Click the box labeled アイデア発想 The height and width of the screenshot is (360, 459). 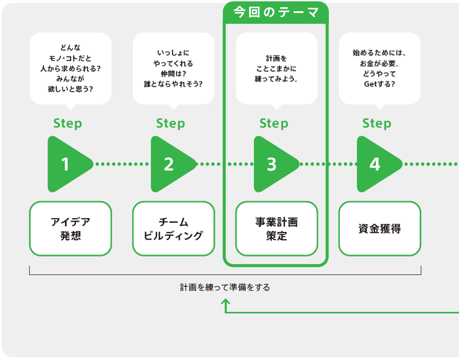70,229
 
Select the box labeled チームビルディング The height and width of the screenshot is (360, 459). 173,229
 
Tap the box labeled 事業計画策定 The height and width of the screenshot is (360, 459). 276,229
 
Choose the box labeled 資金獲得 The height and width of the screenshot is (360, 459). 380,229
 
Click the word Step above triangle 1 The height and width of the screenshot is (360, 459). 68,124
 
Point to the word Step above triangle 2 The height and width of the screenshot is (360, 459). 171,124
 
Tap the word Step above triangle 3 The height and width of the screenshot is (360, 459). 274,124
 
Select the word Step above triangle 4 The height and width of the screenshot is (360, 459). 377,124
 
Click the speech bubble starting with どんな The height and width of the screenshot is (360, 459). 70,68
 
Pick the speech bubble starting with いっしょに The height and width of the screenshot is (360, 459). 173,68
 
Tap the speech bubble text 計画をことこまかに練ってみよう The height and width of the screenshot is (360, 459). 276,69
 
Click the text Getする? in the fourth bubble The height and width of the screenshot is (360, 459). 379,84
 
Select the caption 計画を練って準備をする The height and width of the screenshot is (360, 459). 225,287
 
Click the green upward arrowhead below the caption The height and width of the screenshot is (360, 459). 225,301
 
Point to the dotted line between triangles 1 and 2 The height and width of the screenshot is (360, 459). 122,164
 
